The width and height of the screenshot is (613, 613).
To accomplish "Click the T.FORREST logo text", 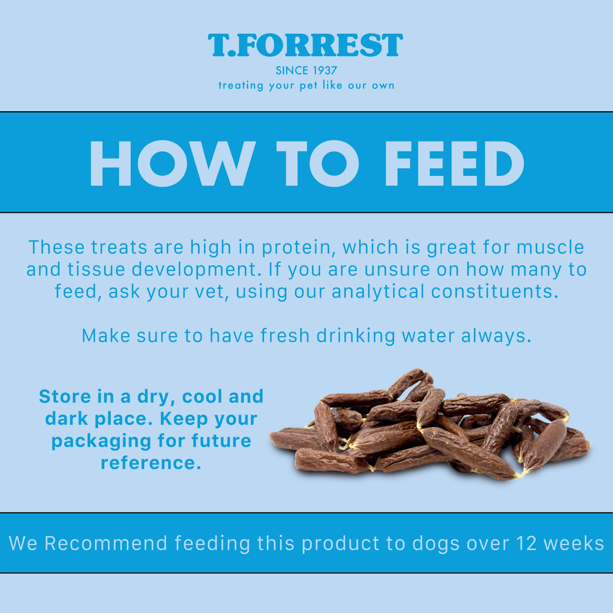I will (x=305, y=45).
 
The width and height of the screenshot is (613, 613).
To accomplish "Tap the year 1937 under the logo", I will (x=324, y=71).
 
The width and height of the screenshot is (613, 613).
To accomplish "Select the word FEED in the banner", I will (x=454, y=163).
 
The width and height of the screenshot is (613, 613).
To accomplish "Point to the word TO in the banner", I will (x=318, y=163).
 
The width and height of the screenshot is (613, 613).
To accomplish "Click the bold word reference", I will (x=151, y=463).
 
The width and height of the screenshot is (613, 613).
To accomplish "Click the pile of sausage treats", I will (x=431, y=429).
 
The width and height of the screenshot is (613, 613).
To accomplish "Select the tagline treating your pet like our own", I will (x=306, y=86).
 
